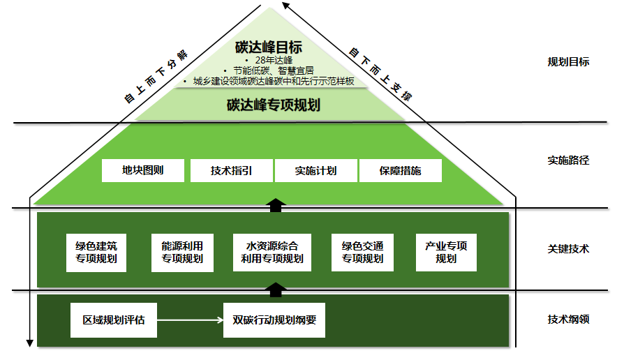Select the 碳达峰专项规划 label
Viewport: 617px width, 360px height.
(x=273, y=105)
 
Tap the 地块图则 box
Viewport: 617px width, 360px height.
(x=143, y=170)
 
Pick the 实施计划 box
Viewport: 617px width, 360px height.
(x=315, y=170)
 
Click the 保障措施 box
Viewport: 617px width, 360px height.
(x=401, y=170)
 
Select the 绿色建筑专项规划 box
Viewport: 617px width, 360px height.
(x=96, y=252)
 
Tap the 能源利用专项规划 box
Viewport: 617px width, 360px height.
(x=182, y=252)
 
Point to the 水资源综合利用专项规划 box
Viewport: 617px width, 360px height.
(x=272, y=252)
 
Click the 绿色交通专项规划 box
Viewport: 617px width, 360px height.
(x=362, y=252)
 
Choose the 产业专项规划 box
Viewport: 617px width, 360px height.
(x=446, y=252)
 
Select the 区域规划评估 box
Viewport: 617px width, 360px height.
(x=114, y=320)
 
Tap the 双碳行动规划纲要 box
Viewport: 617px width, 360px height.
(x=274, y=320)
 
